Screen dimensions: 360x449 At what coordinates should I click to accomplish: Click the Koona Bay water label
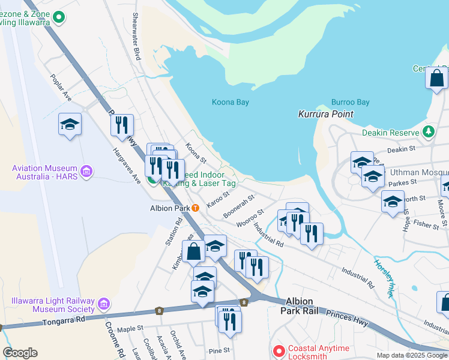[x=230, y=102]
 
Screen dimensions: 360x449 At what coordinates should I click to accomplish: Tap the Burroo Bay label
[x=350, y=103]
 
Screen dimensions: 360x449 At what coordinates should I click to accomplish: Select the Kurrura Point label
[x=326, y=114]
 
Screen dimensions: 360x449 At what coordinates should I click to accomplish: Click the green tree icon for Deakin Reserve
[x=428, y=131]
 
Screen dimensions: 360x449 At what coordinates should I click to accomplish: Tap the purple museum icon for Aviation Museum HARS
[x=86, y=172]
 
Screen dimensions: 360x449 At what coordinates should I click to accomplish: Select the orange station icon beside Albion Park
[x=196, y=208]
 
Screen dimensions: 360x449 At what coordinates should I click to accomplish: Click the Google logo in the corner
[x=20, y=353]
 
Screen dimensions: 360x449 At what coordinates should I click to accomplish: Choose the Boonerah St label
[x=238, y=205]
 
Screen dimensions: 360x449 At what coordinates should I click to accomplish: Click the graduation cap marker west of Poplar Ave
[x=70, y=124]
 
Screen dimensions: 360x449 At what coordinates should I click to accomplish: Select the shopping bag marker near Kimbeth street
[x=194, y=251]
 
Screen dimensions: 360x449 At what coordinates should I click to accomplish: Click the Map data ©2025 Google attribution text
[x=411, y=355]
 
